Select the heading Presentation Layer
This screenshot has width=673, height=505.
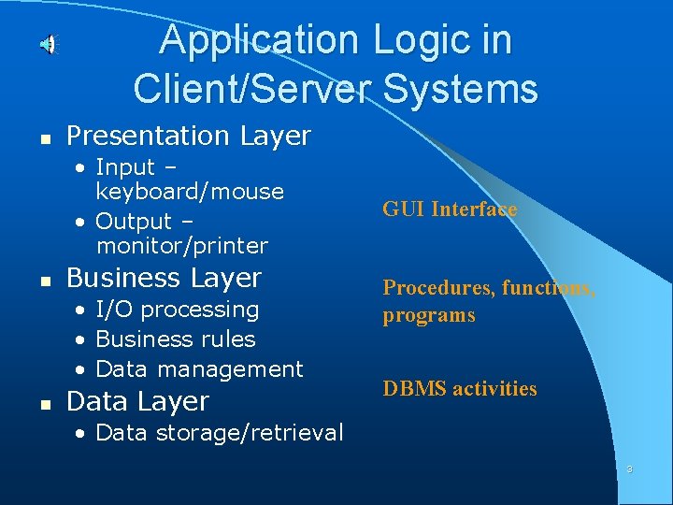point(189,137)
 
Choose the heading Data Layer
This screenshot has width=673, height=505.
point(138,402)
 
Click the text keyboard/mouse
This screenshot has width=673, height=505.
point(190,192)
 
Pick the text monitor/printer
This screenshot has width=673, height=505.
point(181,247)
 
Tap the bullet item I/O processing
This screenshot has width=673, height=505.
point(178,310)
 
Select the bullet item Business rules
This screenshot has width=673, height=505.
point(176,339)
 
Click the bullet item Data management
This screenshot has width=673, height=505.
point(199,369)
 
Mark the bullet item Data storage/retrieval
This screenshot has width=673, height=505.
point(220,433)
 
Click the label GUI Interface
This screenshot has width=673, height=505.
point(449,209)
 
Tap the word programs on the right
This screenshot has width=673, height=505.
point(428,315)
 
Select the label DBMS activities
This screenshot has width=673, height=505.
point(460,389)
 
